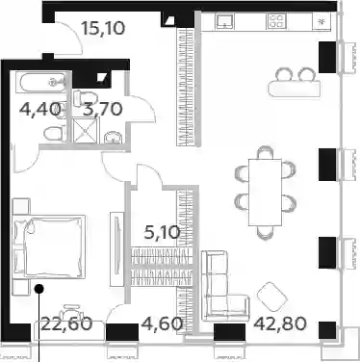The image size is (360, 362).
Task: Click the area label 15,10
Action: pos(103,28)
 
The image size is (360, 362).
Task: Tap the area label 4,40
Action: pos(40,109)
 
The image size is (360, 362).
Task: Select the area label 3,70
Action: pos(103,109)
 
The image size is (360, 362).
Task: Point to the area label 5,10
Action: pos(162,232)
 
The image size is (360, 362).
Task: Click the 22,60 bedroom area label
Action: pos(66,323)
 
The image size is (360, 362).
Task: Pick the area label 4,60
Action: pos(162,323)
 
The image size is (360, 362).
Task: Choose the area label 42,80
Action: pos(280,324)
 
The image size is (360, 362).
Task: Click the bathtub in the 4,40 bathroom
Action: pos(43,83)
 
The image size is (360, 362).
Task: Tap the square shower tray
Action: pos(86,130)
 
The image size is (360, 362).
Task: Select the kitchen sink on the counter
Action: pos(225,21)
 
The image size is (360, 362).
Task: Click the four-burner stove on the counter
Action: pos(276,21)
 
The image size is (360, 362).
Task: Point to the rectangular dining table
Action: pos(265,192)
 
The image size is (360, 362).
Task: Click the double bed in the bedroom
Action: pos(49,246)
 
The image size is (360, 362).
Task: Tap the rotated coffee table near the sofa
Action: pos(272,297)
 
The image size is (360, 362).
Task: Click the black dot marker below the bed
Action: pos(39,289)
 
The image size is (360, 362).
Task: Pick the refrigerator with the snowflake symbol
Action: pos(321,22)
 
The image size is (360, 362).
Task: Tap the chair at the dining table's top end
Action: pos(265,152)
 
